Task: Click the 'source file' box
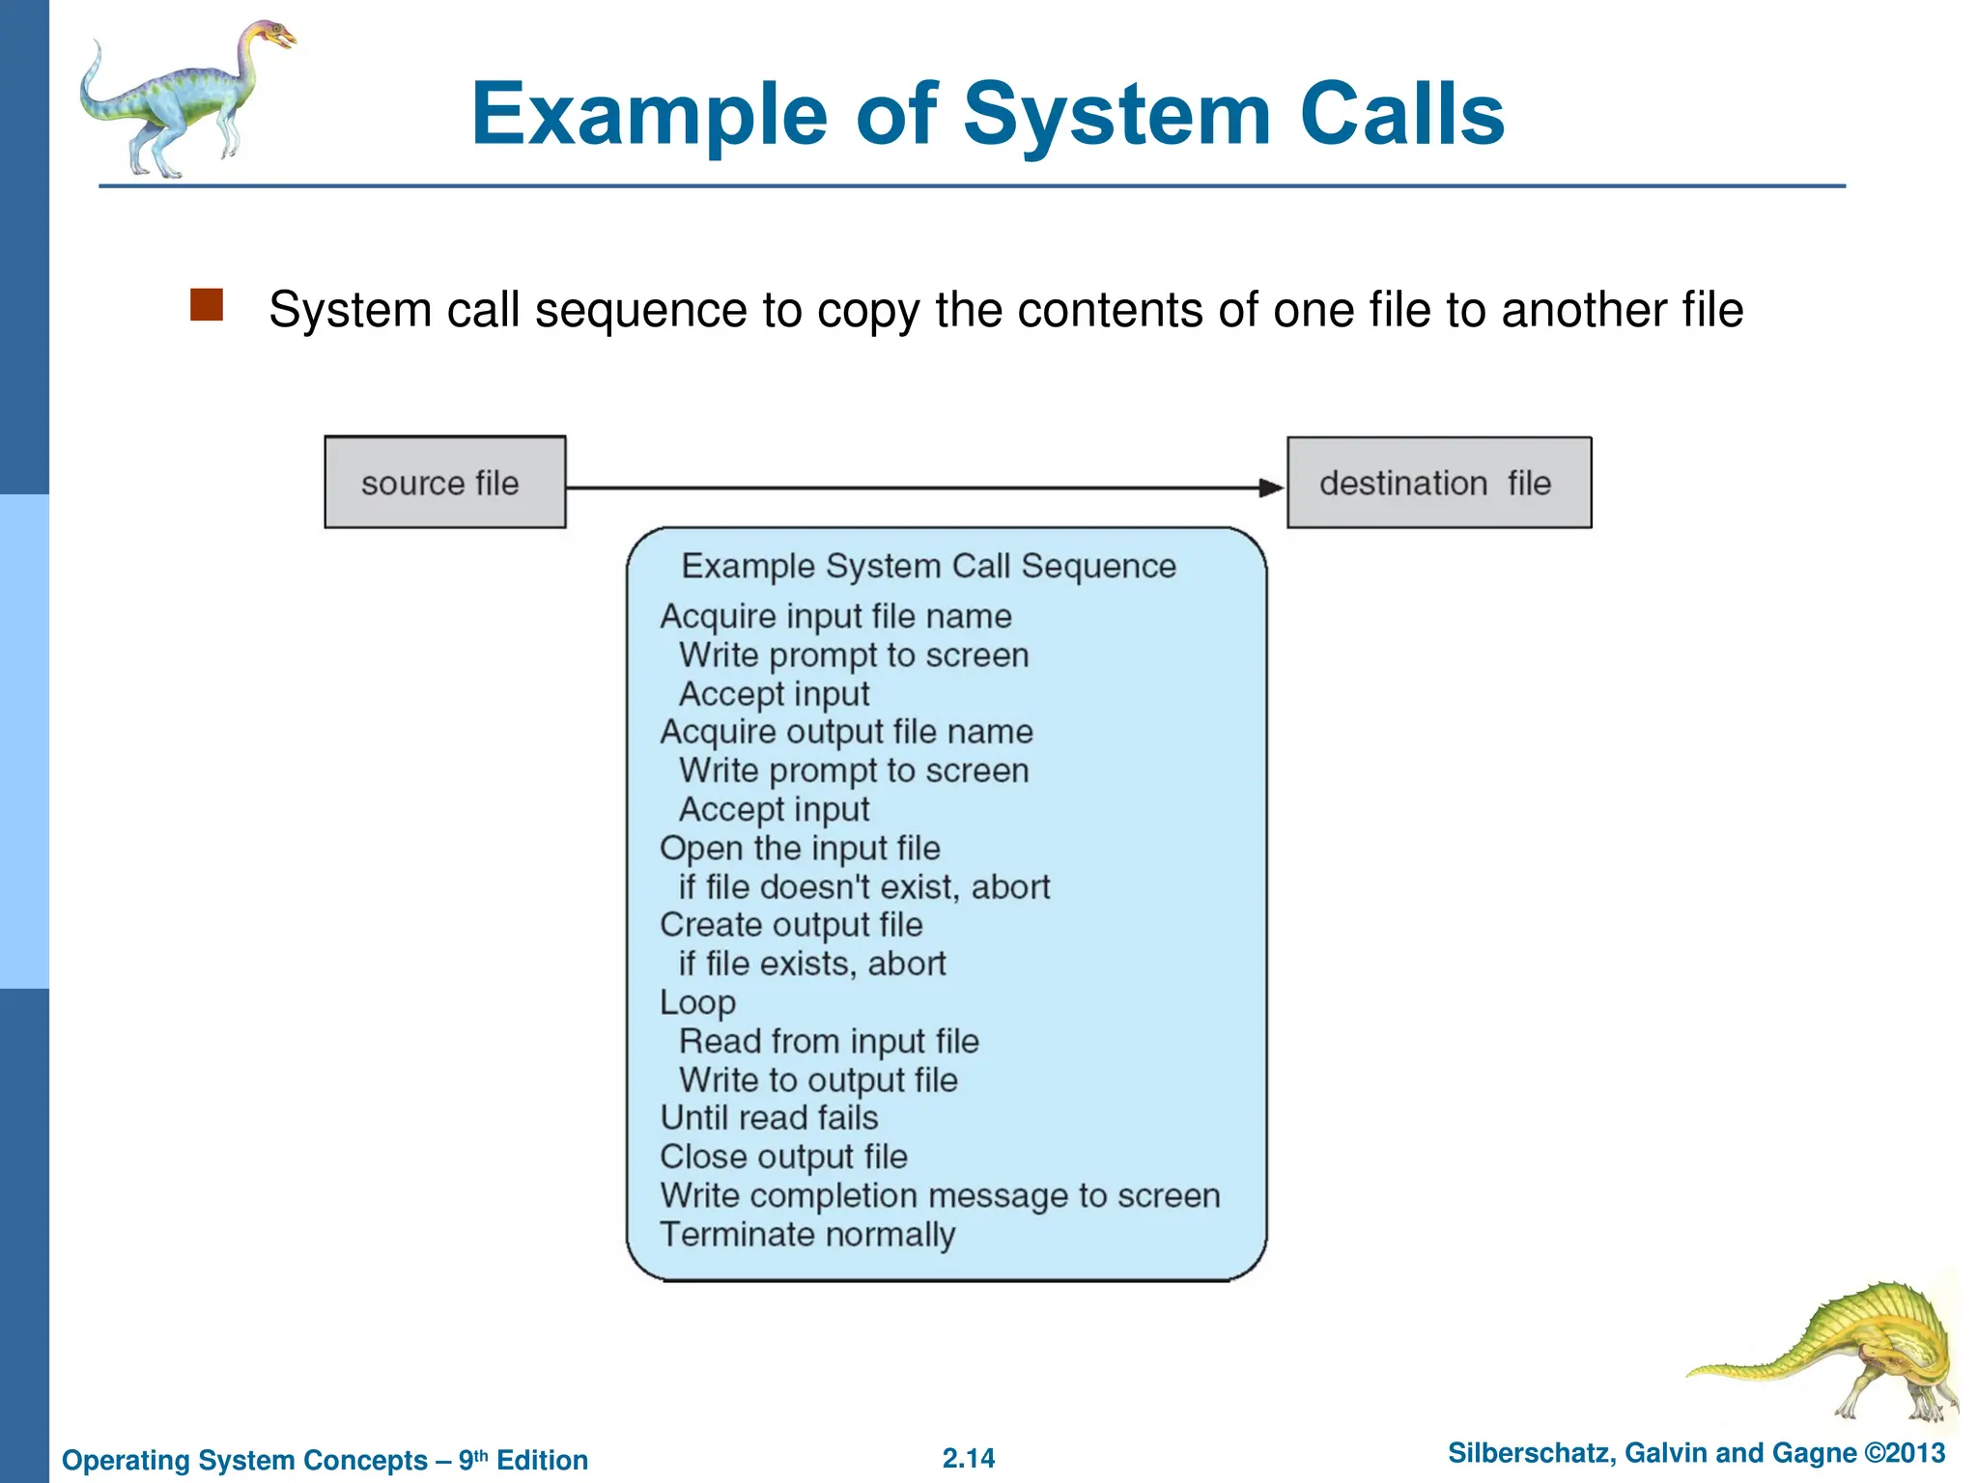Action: click(444, 482)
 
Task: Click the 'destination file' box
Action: click(1438, 482)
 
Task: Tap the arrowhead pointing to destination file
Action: click(1271, 488)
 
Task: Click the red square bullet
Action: click(207, 305)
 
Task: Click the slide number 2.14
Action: click(968, 1458)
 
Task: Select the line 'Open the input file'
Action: click(800, 848)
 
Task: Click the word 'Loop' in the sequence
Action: click(697, 1002)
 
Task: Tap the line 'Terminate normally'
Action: click(807, 1234)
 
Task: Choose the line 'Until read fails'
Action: click(769, 1118)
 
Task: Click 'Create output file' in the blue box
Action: click(791, 925)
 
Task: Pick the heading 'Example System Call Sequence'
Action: click(928, 566)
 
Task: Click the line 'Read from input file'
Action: click(829, 1041)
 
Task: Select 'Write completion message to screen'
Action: click(940, 1195)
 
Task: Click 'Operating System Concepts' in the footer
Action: click(244, 1460)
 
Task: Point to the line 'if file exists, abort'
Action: click(811, 964)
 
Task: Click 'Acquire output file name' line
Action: click(846, 732)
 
